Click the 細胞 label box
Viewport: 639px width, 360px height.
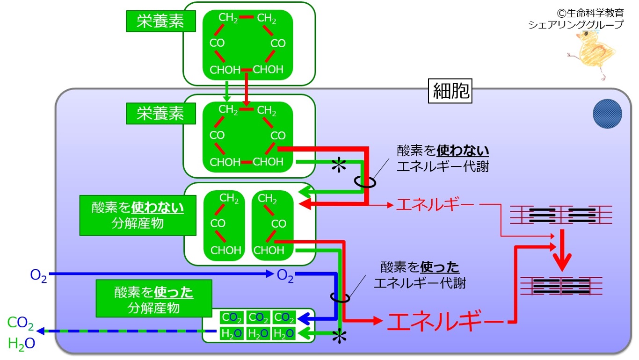[450, 91]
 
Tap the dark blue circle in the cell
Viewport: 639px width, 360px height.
[607, 114]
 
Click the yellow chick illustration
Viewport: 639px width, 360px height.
[592, 54]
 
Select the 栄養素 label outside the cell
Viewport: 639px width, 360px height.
[161, 21]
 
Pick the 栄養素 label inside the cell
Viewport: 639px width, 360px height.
[161, 114]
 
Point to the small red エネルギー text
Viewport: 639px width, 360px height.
[436, 205]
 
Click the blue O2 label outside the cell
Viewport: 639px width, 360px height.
[38, 275]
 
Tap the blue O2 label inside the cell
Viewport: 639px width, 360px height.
[285, 275]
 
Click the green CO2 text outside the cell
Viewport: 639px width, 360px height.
[21, 323]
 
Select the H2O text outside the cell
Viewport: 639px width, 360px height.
[22, 344]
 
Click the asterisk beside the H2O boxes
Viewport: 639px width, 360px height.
[339, 336]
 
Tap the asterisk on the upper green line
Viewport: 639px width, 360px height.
[339, 165]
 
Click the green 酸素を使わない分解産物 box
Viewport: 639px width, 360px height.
[138, 216]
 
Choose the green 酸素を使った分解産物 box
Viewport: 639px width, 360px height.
[154, 298]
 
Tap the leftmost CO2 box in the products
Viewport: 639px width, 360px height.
[232, 317]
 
